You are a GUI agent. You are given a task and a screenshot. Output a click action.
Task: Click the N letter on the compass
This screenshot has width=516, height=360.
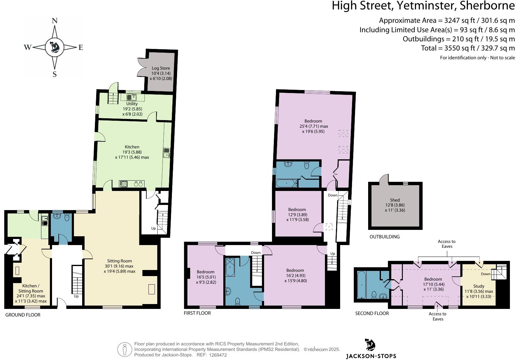point(54,21)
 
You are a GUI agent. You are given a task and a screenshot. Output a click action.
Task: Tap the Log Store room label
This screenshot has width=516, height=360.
point(161,68)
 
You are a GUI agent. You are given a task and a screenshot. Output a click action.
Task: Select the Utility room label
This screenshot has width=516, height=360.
point(132,104)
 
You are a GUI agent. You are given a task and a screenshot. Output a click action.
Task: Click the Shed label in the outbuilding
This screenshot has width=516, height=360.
point(395,200)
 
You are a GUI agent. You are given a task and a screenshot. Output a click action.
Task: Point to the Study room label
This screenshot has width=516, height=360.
point(479,286)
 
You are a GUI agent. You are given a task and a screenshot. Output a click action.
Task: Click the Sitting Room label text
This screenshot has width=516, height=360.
point(119,261)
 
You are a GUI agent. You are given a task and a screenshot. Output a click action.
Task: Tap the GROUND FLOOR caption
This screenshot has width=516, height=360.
point(23,315)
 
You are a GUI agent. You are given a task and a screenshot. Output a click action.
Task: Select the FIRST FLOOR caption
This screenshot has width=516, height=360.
point(197,313)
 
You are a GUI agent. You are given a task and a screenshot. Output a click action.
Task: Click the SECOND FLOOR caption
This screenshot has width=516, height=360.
point(372,313)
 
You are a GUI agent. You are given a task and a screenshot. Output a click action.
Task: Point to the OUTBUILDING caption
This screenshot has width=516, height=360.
point(385,237)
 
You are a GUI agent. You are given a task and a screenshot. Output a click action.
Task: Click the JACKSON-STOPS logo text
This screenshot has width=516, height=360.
point(371,356)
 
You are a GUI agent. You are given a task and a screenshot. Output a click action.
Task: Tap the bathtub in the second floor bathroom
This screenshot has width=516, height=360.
point(361,285)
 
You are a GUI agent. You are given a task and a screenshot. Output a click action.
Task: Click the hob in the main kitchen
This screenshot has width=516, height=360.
point(124,184)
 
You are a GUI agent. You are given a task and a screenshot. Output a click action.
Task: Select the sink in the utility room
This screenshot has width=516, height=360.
point(132,97)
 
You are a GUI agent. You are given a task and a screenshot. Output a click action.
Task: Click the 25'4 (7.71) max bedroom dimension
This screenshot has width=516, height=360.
point(314,126)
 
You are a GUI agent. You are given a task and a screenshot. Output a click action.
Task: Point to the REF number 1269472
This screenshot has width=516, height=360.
point(218,355)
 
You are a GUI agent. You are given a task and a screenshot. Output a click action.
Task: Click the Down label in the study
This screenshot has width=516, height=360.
point(486,274)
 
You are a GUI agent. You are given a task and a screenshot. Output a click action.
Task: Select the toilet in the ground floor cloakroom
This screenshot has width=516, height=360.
point(67,217)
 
